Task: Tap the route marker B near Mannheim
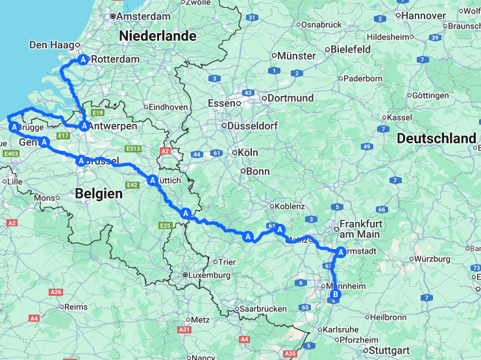pyautogui.click(x=336, y=295)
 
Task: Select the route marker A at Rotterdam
pyautogui.click(x=83, y=59)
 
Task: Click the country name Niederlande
pyautogui.click(x=157, y=36)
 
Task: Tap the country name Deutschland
pyautogui.click(x=436, y=138)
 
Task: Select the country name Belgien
pyautogui.click(x=99, y=193)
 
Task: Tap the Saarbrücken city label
pyautogui.click(x=263, y=309)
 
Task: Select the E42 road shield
pyautogui.click(x=134, y=186)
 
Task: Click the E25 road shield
pyautogui.click(x=166, y=225)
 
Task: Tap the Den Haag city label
pyautogui.click(x=49, y=45)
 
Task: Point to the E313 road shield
pyautogui.click(x=134, y=149)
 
